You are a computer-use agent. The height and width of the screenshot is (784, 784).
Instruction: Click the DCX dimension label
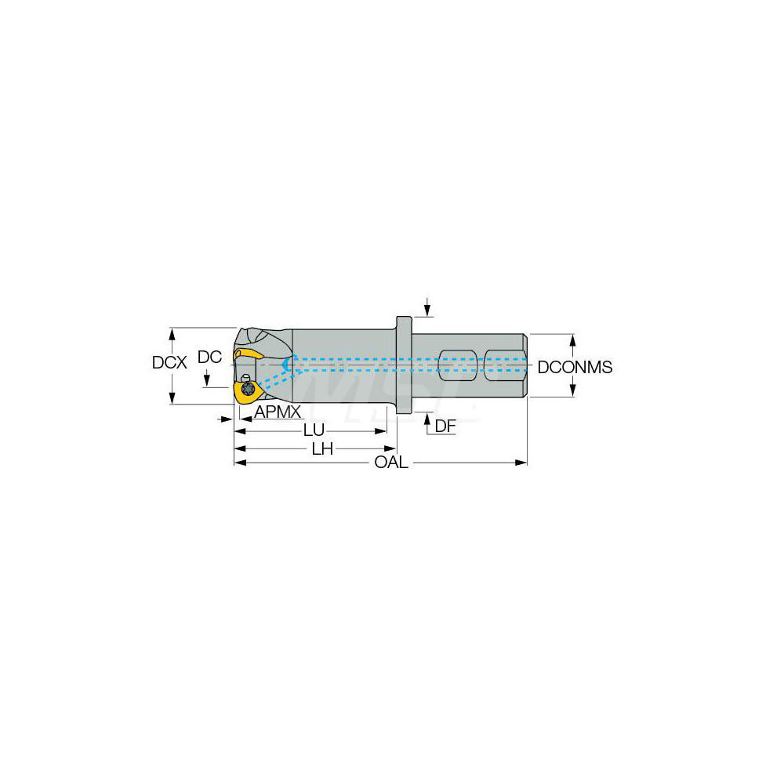169,364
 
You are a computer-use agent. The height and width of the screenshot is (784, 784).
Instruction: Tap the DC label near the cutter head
209,358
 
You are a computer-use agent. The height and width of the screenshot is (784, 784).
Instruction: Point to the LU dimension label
314,431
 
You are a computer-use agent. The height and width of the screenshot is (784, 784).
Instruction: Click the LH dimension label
322,448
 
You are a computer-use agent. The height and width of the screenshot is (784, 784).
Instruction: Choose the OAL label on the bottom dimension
390,463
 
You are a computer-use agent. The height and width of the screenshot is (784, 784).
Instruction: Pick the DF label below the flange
445,426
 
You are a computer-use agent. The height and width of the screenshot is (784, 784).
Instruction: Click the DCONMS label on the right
575,367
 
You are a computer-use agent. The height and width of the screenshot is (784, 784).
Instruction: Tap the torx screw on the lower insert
248,390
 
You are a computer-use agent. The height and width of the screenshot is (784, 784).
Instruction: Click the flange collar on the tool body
403,365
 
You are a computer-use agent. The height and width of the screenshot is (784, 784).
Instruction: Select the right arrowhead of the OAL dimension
521,463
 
